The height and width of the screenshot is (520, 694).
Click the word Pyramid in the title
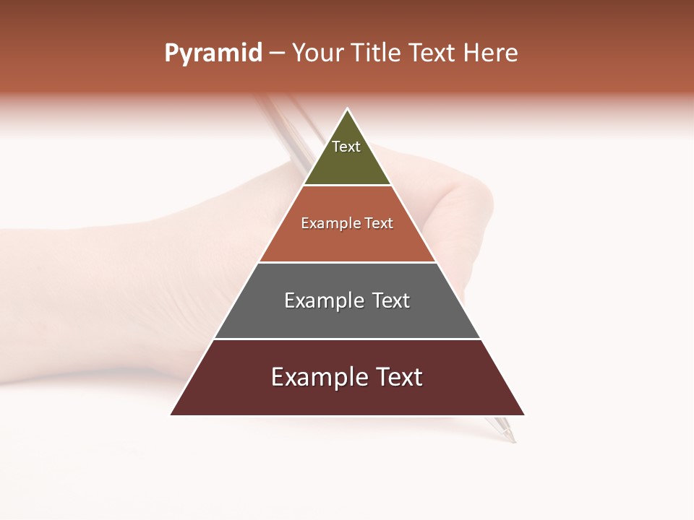click(x=213, y=53)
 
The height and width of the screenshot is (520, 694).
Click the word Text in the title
click(x=432, y=53)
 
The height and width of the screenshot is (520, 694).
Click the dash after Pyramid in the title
click(x=276, y=54)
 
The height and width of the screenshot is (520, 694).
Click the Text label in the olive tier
click(x=346, y=147)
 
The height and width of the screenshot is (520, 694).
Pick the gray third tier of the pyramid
click(x=347, y=321)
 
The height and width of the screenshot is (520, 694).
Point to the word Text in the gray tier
click(x=390, y=300)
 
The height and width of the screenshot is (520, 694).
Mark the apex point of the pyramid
click(x=348, y=109)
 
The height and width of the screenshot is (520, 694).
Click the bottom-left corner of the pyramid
click(x=171, y=415)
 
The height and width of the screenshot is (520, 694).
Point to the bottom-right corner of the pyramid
click(x=524, y=415)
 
